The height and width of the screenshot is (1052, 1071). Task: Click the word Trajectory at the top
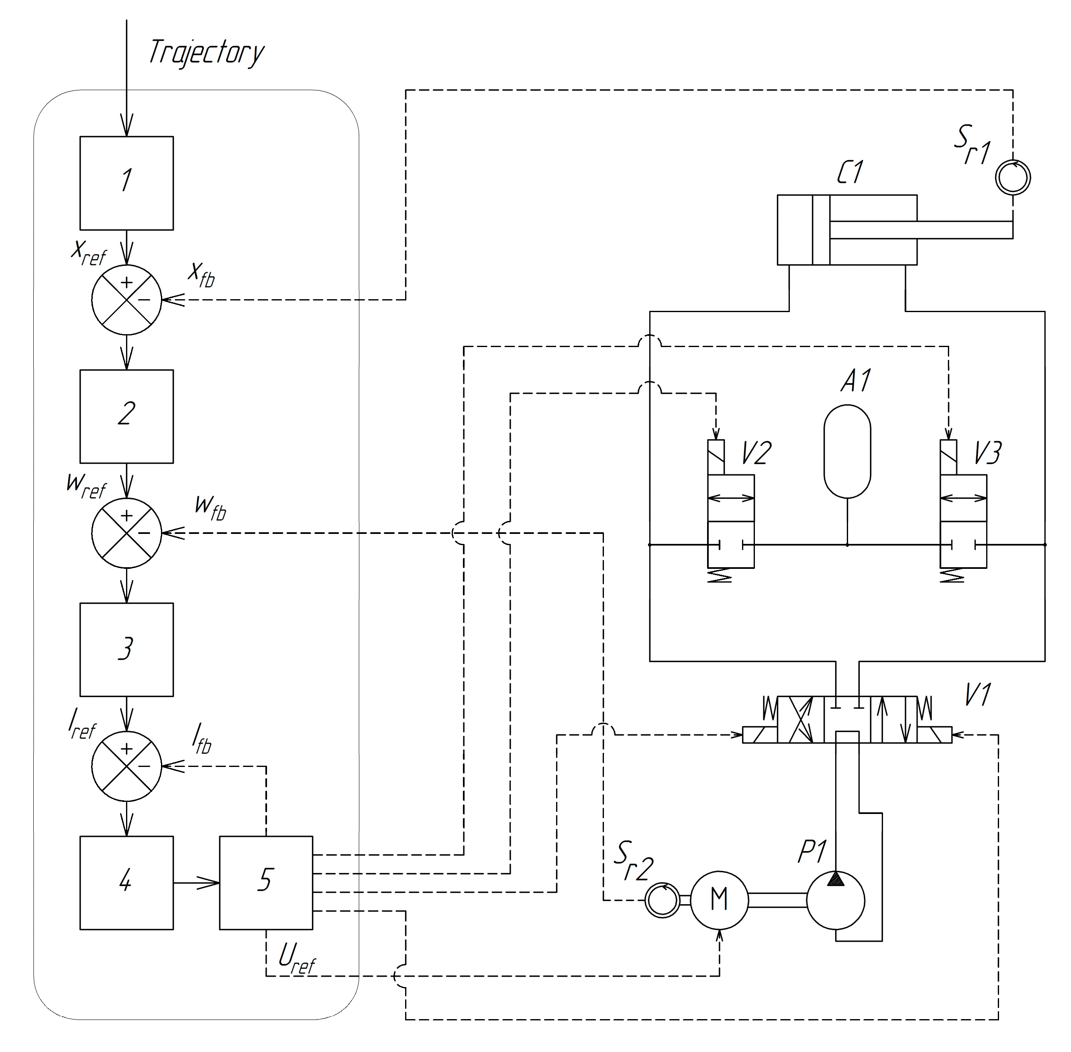[205, 52]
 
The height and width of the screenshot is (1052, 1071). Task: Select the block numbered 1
[126, 183]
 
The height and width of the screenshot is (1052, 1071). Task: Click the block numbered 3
[126, 649]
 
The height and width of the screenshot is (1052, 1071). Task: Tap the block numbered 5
[266, 882]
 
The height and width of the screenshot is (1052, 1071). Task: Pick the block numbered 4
[126, 882]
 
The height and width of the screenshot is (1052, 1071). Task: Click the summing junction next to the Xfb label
[126, 300]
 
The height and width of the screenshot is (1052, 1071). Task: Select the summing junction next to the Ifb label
[126, 766]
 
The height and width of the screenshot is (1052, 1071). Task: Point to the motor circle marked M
[719, 900]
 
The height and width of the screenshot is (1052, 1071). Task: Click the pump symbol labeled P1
[835, 900]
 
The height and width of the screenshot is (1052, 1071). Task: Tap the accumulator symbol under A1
[847, 451]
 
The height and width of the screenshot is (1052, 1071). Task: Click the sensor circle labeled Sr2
[662, 900]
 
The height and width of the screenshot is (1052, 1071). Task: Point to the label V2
[756, 454]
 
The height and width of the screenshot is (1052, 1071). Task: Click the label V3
[987, 454]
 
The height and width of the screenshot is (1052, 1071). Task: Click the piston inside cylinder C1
[821, 230]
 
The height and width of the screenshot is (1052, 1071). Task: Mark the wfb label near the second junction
[210, 507]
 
